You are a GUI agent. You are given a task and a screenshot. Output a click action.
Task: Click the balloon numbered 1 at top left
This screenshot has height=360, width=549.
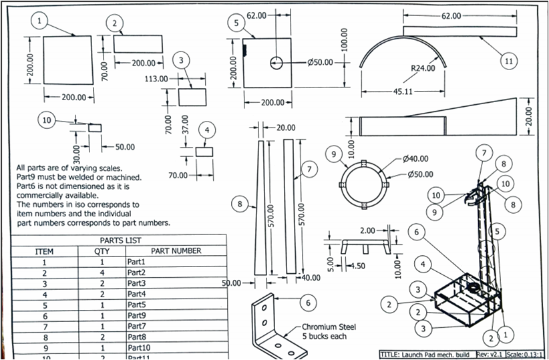click(x=40, y=21)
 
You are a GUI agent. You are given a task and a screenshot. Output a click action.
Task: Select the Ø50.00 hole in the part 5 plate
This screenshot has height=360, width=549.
click(x=277, y=63)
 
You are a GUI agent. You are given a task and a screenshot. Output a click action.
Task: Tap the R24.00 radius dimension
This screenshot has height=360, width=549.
click(x=423, y=67)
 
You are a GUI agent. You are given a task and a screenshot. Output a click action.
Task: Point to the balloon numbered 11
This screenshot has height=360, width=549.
click(x=509, y=61)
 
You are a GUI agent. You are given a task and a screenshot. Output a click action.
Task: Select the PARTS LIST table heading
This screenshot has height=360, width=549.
click(x=120, y=240)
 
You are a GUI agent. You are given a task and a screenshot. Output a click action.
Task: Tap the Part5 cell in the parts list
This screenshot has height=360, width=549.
click(x=138, y=305)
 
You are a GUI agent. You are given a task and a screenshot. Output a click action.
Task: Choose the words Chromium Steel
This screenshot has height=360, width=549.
click(x=329, y=327)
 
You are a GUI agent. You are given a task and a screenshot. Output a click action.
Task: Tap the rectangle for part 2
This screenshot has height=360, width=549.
click(x=138, y=43)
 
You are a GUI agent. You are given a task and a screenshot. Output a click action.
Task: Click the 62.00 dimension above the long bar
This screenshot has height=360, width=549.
click(x=451, y=15)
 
